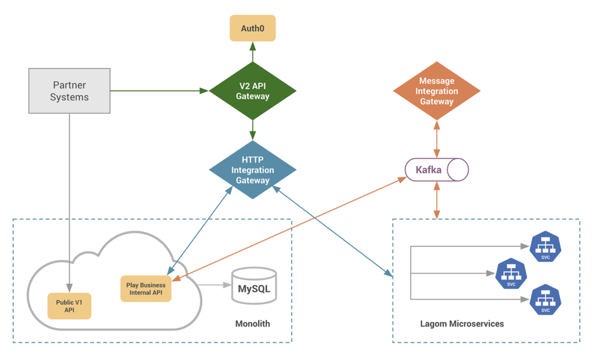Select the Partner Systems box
coord(69,91)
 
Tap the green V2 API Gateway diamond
coord(252,91)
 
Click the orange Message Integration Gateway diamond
coord(436,91)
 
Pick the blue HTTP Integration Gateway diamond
coord(252,170)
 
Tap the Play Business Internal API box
coord(146,289)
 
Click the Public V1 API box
coord(69,306)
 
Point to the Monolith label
coord(252,323)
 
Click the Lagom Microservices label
coord(462,323)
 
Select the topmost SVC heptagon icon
coord(545,246)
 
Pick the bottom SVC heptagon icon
coord(545,300)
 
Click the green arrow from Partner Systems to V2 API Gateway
coord(160,90)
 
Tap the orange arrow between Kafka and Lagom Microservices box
coord(436,200)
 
